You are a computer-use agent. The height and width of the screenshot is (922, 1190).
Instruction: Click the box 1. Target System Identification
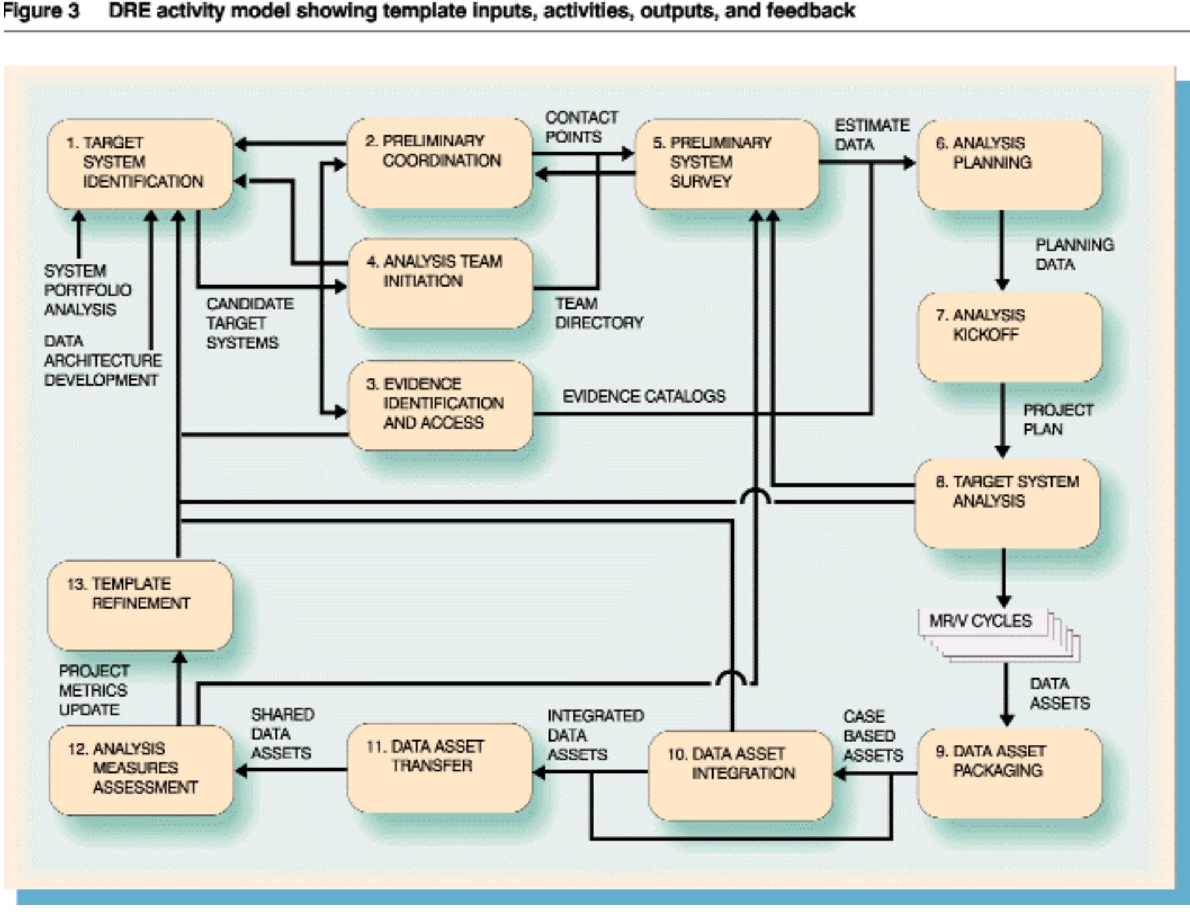[140, 164]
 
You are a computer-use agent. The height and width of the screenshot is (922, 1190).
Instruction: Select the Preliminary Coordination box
[439, 163]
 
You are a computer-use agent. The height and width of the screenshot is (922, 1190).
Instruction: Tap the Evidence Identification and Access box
[441, 405]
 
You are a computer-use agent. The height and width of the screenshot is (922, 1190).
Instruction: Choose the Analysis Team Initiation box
[441, 283]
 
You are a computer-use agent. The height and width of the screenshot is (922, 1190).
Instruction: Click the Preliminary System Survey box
[727, 164]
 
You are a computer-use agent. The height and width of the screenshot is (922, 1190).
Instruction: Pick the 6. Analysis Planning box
[1009, 165]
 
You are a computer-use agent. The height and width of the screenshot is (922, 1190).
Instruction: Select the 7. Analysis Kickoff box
[1009, 337]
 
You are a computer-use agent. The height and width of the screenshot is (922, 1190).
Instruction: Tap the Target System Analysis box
[1007, 504]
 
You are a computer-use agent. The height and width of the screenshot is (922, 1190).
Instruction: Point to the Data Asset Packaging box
[1009, 773]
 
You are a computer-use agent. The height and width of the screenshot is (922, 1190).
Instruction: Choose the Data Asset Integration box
[740, 775]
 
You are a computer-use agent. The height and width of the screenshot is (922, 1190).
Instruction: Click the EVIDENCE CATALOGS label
[644, 397]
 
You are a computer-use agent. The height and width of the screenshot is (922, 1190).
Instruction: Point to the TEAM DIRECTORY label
[598, 313]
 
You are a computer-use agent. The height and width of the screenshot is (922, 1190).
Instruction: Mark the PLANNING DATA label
[1074, 254]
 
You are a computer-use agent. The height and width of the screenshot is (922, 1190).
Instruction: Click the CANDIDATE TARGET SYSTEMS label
[249, 323]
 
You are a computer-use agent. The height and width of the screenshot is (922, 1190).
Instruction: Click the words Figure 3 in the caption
[41, 11]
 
